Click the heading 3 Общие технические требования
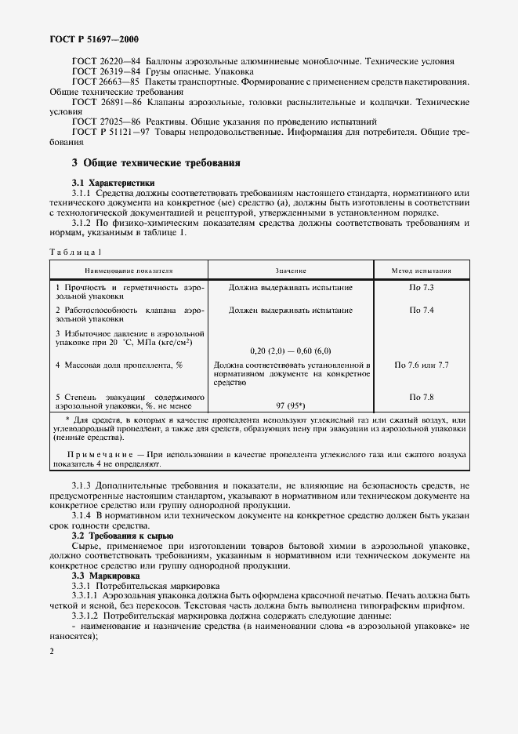tap(155, 163)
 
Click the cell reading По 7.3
tap(422, 288)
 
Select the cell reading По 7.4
tap(422, 310)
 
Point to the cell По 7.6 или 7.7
tap(422, 365)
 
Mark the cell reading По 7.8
tap(422, 396)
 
